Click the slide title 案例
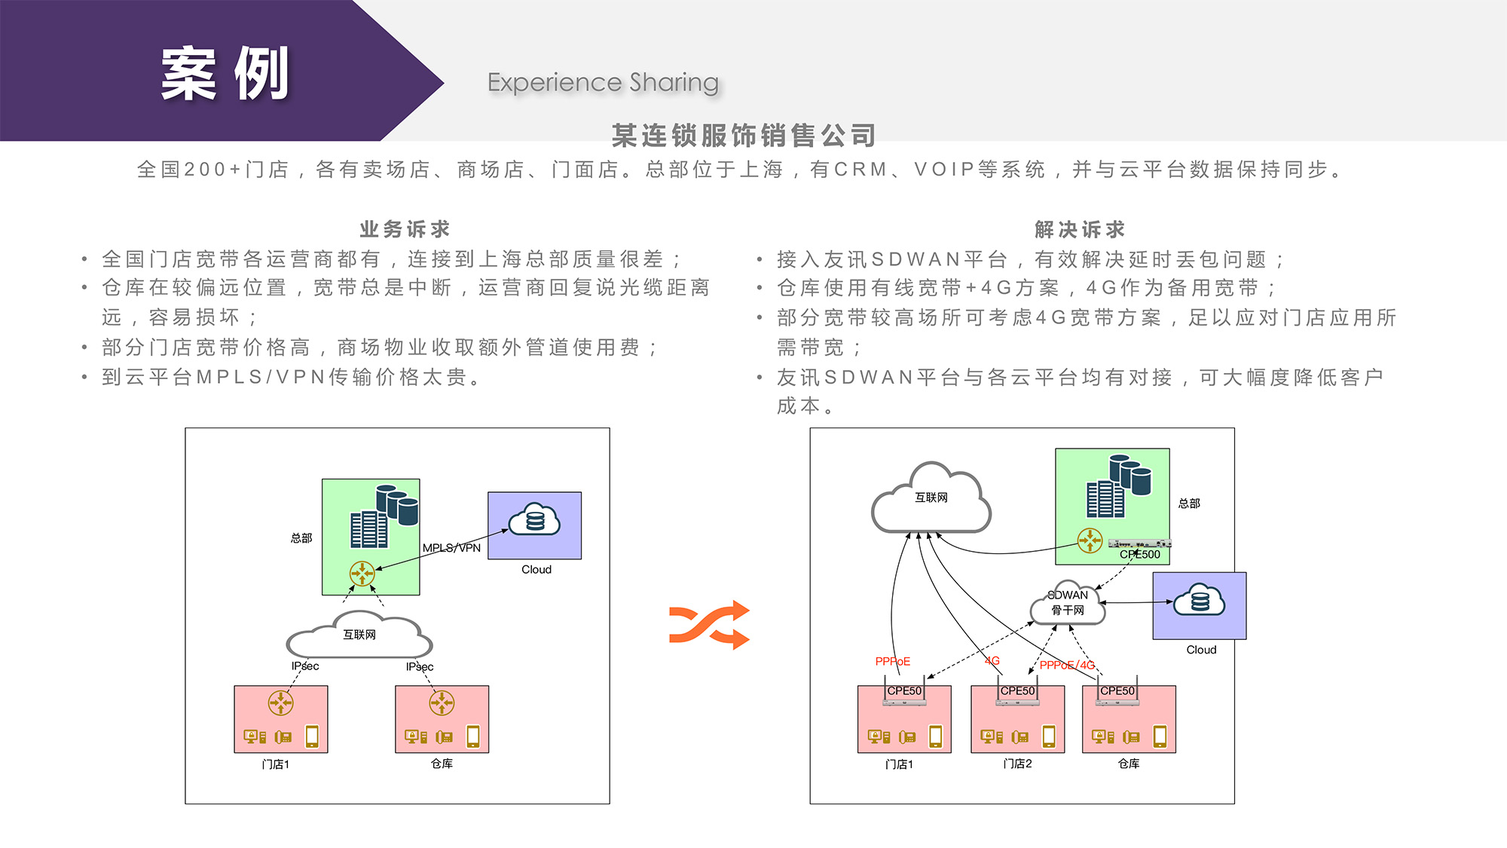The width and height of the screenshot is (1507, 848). (225, 74)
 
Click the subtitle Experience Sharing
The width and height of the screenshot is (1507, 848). (603, 82)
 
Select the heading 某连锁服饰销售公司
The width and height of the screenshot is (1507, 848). (744, 136)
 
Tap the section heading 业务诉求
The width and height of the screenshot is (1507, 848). (405, 229)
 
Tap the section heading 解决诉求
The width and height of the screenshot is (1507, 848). (1080, 229)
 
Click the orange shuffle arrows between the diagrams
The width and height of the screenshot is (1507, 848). (709, 625)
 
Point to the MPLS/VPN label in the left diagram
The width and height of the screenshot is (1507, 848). (451, 548)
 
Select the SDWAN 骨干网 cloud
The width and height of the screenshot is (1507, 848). (1068, 603)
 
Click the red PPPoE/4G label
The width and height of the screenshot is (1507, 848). (1067, 665)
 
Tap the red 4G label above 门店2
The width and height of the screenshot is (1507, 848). (992, 661)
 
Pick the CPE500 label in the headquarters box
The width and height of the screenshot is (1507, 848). (1140, 555)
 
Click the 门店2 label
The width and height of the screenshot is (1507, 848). (1017, 764)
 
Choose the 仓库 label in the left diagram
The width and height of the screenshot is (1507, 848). (442, 764)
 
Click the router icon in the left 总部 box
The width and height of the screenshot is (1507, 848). (362, 574)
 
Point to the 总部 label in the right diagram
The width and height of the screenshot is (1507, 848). (1189, 504)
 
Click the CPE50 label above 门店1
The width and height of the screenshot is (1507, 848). (904, 691)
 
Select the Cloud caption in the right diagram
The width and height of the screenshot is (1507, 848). (1201, 650)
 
